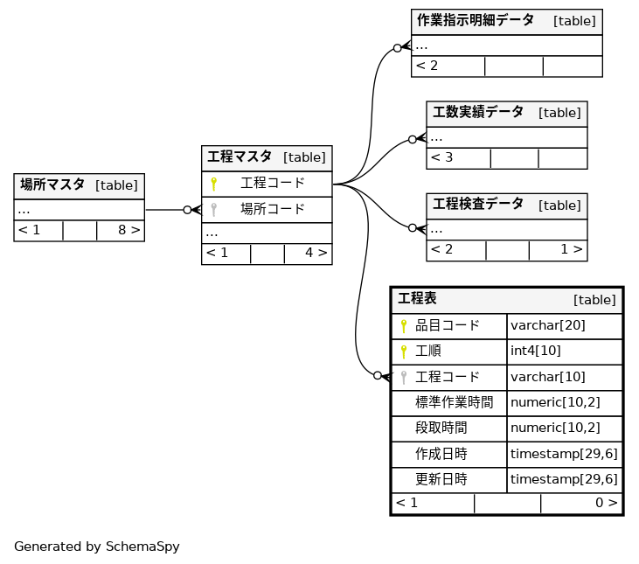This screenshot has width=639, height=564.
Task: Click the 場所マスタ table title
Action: [52, 185]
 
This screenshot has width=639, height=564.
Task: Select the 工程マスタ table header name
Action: [240, 157]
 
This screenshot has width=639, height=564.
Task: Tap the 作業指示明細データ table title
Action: [475, 20]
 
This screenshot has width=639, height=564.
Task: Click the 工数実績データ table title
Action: [478, 112]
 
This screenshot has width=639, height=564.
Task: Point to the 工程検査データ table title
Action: [478, 204]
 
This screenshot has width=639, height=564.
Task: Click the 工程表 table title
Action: [417, 299]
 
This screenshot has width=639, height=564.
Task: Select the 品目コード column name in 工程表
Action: [448, 325]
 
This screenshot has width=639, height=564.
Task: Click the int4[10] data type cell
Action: [535, 351]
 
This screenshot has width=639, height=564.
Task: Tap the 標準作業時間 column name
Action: [454, 402]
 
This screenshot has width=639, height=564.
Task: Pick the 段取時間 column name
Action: [441, 428]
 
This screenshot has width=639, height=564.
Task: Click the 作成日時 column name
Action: [441, 454]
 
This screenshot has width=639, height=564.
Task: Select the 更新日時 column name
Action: [441, 479]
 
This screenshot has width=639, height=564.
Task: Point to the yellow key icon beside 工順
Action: [404, 352]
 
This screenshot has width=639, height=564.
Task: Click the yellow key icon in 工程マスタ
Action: [213, 184]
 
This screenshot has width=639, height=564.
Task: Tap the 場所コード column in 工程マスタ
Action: [273, 209]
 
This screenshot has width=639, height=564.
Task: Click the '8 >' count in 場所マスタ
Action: [128, 230]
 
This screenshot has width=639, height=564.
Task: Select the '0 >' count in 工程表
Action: [606, 503]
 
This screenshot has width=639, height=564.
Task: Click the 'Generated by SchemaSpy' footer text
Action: [96, 547]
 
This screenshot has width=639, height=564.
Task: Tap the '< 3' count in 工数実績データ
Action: [442, 157]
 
